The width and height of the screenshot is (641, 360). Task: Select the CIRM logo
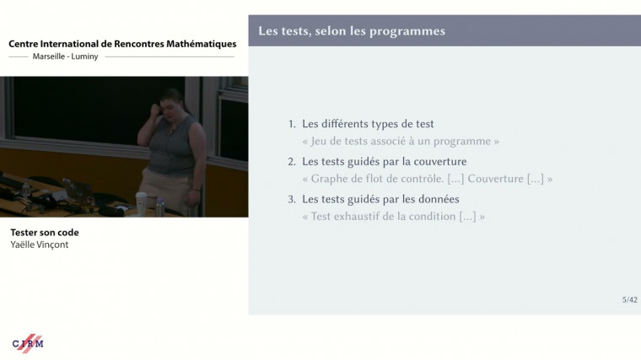[x=28, y=343]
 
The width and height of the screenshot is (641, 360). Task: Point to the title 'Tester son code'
[x=45, y=233]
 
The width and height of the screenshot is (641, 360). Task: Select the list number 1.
[x=292, y=124]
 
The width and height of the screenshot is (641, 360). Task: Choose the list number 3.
[x=292, y=200]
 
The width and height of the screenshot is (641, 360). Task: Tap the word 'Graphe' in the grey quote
[x=331, y=179]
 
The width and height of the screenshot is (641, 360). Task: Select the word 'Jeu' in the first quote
[x=320, y=141]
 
